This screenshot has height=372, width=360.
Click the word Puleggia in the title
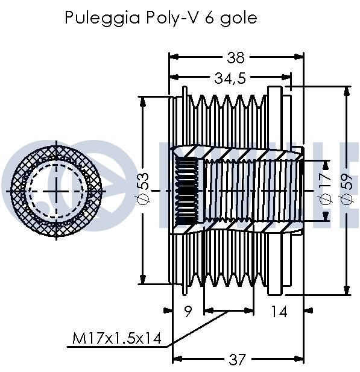coord(103,18)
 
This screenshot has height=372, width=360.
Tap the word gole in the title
coord(239,19)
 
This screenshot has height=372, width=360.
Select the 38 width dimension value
coord(235,57)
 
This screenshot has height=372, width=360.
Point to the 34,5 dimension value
coord(230,78)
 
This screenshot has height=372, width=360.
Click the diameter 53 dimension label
coord(144,189)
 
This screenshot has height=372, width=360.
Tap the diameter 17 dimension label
coord(326,189)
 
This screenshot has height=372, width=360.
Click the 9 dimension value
coord(188,311)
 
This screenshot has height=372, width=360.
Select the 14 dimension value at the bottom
coord(279,311)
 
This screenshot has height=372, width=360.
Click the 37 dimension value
coord(236,360)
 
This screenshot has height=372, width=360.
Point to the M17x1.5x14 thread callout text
coord(117,338)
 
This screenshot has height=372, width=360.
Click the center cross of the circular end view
coord(56,191)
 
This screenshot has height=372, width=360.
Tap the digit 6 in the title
coord(209,18)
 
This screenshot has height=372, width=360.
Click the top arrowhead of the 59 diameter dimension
coord(347,91)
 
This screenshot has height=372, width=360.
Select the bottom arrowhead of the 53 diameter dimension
coord(143,279)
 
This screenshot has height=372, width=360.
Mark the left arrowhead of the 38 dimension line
coord(174,57)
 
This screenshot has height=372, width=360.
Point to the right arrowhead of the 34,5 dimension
coord(286,77)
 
